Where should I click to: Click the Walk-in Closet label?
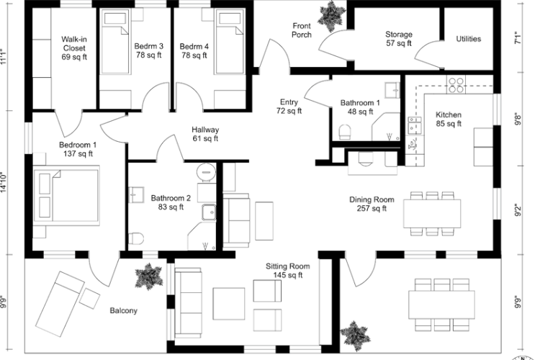point(74,48)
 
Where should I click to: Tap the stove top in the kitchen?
point(456,85)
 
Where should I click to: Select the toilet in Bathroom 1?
point(345,132)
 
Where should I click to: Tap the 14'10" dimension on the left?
point(4,183)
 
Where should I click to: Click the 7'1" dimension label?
point(518,38)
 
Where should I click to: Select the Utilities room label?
point(469,39)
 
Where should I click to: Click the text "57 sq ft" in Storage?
point(398,43)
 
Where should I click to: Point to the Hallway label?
point(205,130)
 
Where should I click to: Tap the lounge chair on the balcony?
point(60,303)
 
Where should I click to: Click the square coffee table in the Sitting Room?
point(228,304)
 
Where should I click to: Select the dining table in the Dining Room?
point(432,214)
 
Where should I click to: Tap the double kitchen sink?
point(415,125)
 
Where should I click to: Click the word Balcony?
point(123,311)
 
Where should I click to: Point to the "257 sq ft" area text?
point(372,208)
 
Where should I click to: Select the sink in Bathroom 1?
point(392,91)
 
